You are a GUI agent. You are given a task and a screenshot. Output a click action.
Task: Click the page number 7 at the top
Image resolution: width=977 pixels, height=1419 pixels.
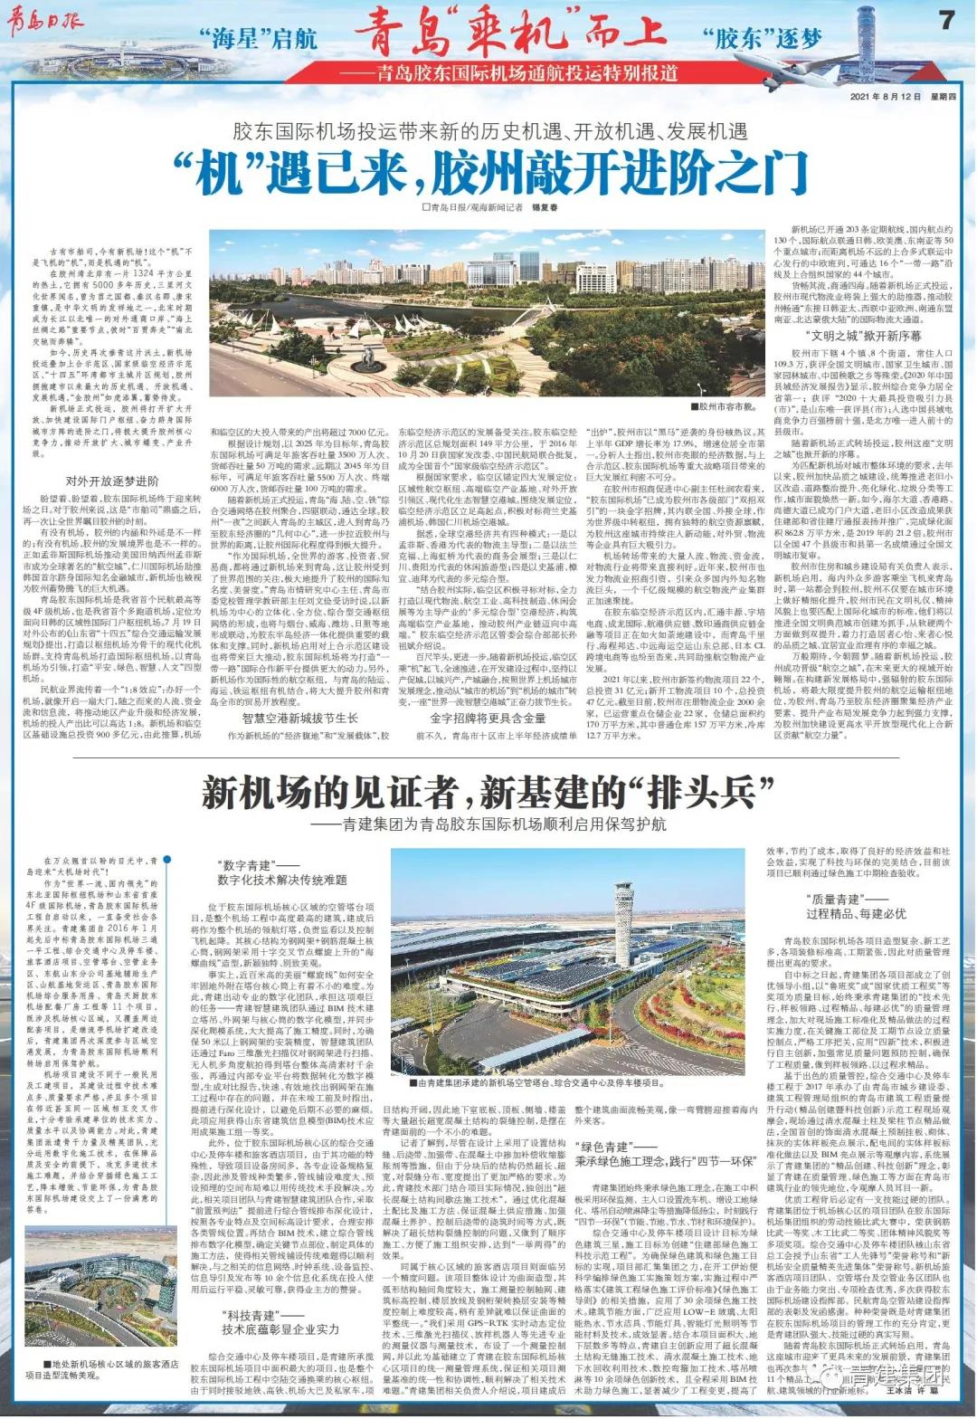pyautogui.click(x=946, y=19)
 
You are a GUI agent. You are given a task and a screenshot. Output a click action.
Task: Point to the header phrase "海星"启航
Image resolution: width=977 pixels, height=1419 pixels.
pyautogui.click(x=258, y=39)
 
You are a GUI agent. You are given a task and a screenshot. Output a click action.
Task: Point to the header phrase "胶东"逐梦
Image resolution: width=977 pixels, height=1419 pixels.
pyautogui.click(x=761, y=38)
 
